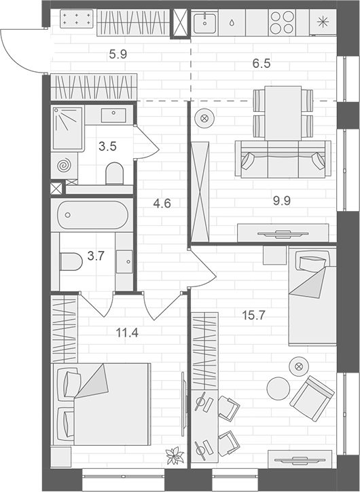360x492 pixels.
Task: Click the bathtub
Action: click(92, 215)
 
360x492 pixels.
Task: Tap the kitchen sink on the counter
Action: click(203, 22)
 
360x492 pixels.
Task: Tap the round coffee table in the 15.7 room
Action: click(278, 388)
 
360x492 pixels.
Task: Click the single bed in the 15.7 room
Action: click(312, 295)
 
